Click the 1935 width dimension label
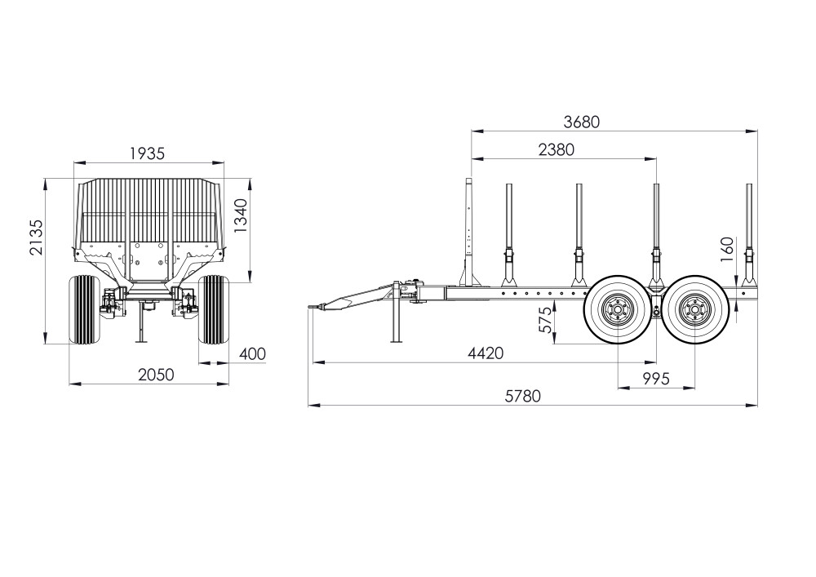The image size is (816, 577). click(147, 153)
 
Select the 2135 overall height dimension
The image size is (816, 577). click(37, 237)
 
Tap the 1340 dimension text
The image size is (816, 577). click(241, 215)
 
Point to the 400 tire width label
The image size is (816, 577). click(252, 354)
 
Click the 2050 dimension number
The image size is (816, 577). click(156, 375)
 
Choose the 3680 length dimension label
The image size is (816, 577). click(581, 122)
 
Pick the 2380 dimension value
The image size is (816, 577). click(557, 150)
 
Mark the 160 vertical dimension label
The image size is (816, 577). click(727, 246)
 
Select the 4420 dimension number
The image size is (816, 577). click(486, 353)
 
